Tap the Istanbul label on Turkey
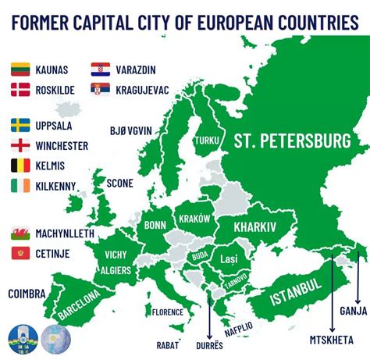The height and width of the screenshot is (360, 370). (x=296, y=291)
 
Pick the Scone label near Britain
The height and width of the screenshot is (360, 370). (x=119, y=183)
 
